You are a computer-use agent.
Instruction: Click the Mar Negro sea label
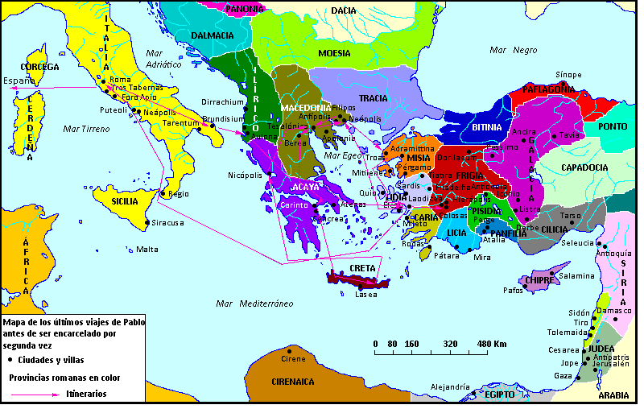[x=514, y=50]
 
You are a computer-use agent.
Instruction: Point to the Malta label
[x=147, y=249]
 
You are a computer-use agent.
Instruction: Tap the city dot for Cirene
[x=291, y=350]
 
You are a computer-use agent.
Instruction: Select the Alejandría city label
[x=450, y=387]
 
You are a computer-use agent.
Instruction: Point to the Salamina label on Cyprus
[x=576, y=275]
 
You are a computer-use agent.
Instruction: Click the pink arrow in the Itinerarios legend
[x=36, y=395]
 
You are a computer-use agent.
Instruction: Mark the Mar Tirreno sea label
[x=88, y=129]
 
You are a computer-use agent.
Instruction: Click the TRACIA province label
[x=374, y=98]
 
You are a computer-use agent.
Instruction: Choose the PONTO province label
[x=613, y=126]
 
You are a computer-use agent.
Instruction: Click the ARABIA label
[x=613, y=395]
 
